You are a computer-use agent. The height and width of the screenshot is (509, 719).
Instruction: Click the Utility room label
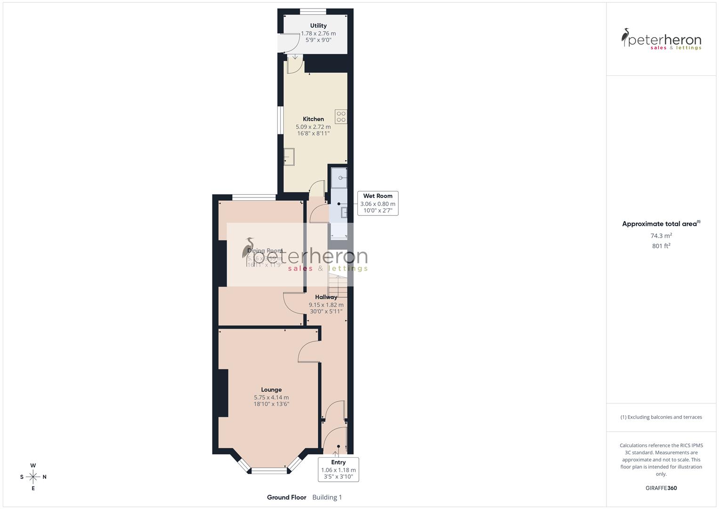[318, 25]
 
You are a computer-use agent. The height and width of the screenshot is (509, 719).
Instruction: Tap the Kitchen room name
[313, 119]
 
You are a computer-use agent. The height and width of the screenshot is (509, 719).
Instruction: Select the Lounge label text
[271, 390]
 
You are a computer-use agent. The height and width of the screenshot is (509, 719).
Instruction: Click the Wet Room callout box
[378, 203]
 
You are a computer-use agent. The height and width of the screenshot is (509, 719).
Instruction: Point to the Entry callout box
[338, 469]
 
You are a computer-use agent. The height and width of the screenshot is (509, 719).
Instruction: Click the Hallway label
[326, 297]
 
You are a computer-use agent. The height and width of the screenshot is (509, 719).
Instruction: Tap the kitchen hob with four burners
[341, 116]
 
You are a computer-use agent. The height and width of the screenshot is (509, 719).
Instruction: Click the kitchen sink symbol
[289, 157]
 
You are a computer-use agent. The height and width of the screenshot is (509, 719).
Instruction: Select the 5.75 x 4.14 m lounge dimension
[271, 397]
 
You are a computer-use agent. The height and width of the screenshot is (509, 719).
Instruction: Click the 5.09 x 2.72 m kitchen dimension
[313, 127]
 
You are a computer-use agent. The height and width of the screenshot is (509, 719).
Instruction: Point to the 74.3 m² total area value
[661, 236]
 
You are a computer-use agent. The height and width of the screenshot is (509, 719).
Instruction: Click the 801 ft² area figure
[661, 246]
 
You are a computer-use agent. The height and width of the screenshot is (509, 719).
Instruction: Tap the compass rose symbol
[33, 476]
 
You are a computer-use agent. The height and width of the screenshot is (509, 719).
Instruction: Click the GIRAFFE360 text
[661, 488]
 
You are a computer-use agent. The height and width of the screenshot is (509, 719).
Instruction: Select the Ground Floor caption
[286, 497]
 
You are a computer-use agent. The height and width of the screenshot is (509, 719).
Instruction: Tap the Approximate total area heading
[660, 224]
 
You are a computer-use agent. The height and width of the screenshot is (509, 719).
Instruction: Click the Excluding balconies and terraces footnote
[661, 417]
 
